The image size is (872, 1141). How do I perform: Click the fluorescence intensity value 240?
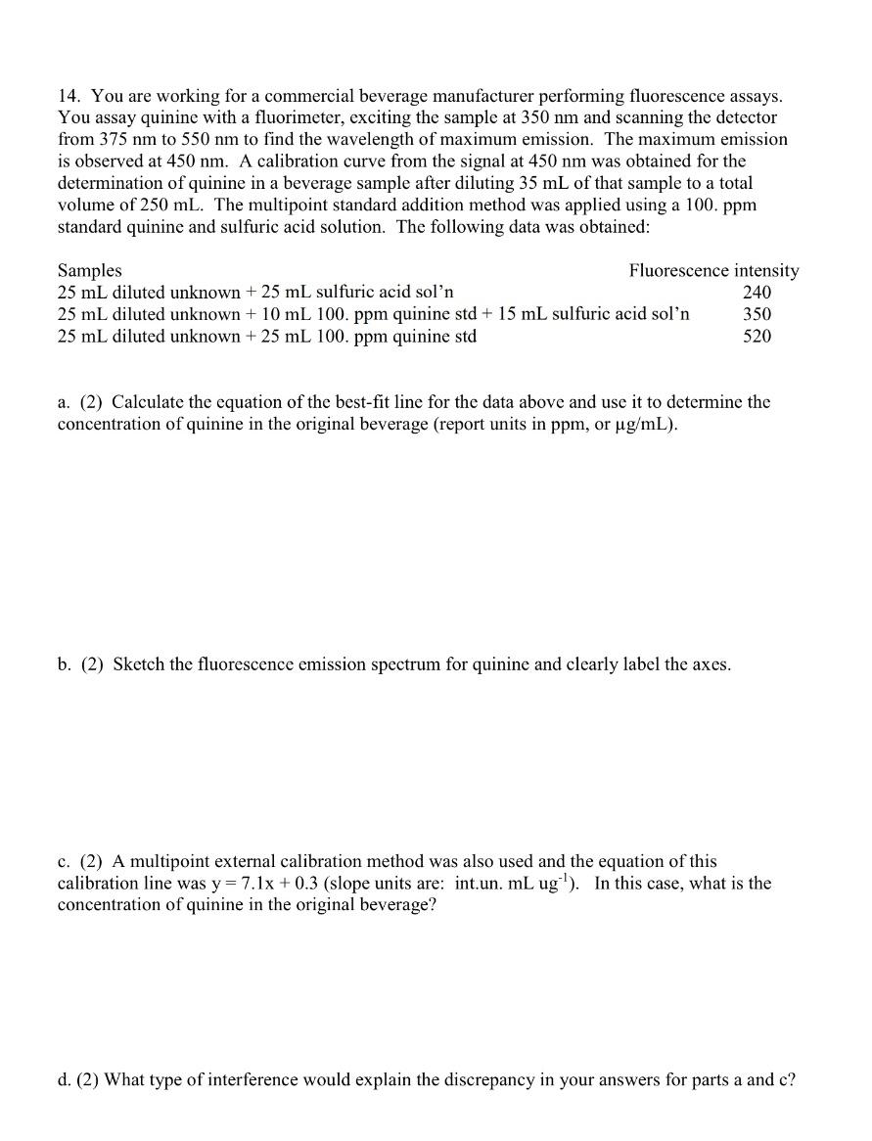757,293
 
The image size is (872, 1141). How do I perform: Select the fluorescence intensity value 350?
757,314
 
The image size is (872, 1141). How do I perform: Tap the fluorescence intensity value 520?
757,336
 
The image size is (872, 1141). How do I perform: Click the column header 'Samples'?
90,270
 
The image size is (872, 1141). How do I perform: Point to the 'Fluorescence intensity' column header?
713,270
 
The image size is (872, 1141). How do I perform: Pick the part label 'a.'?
64,402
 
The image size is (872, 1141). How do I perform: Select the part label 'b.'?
65,664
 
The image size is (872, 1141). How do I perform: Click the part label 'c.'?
64,861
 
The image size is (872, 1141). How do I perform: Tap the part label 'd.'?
65,1080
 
